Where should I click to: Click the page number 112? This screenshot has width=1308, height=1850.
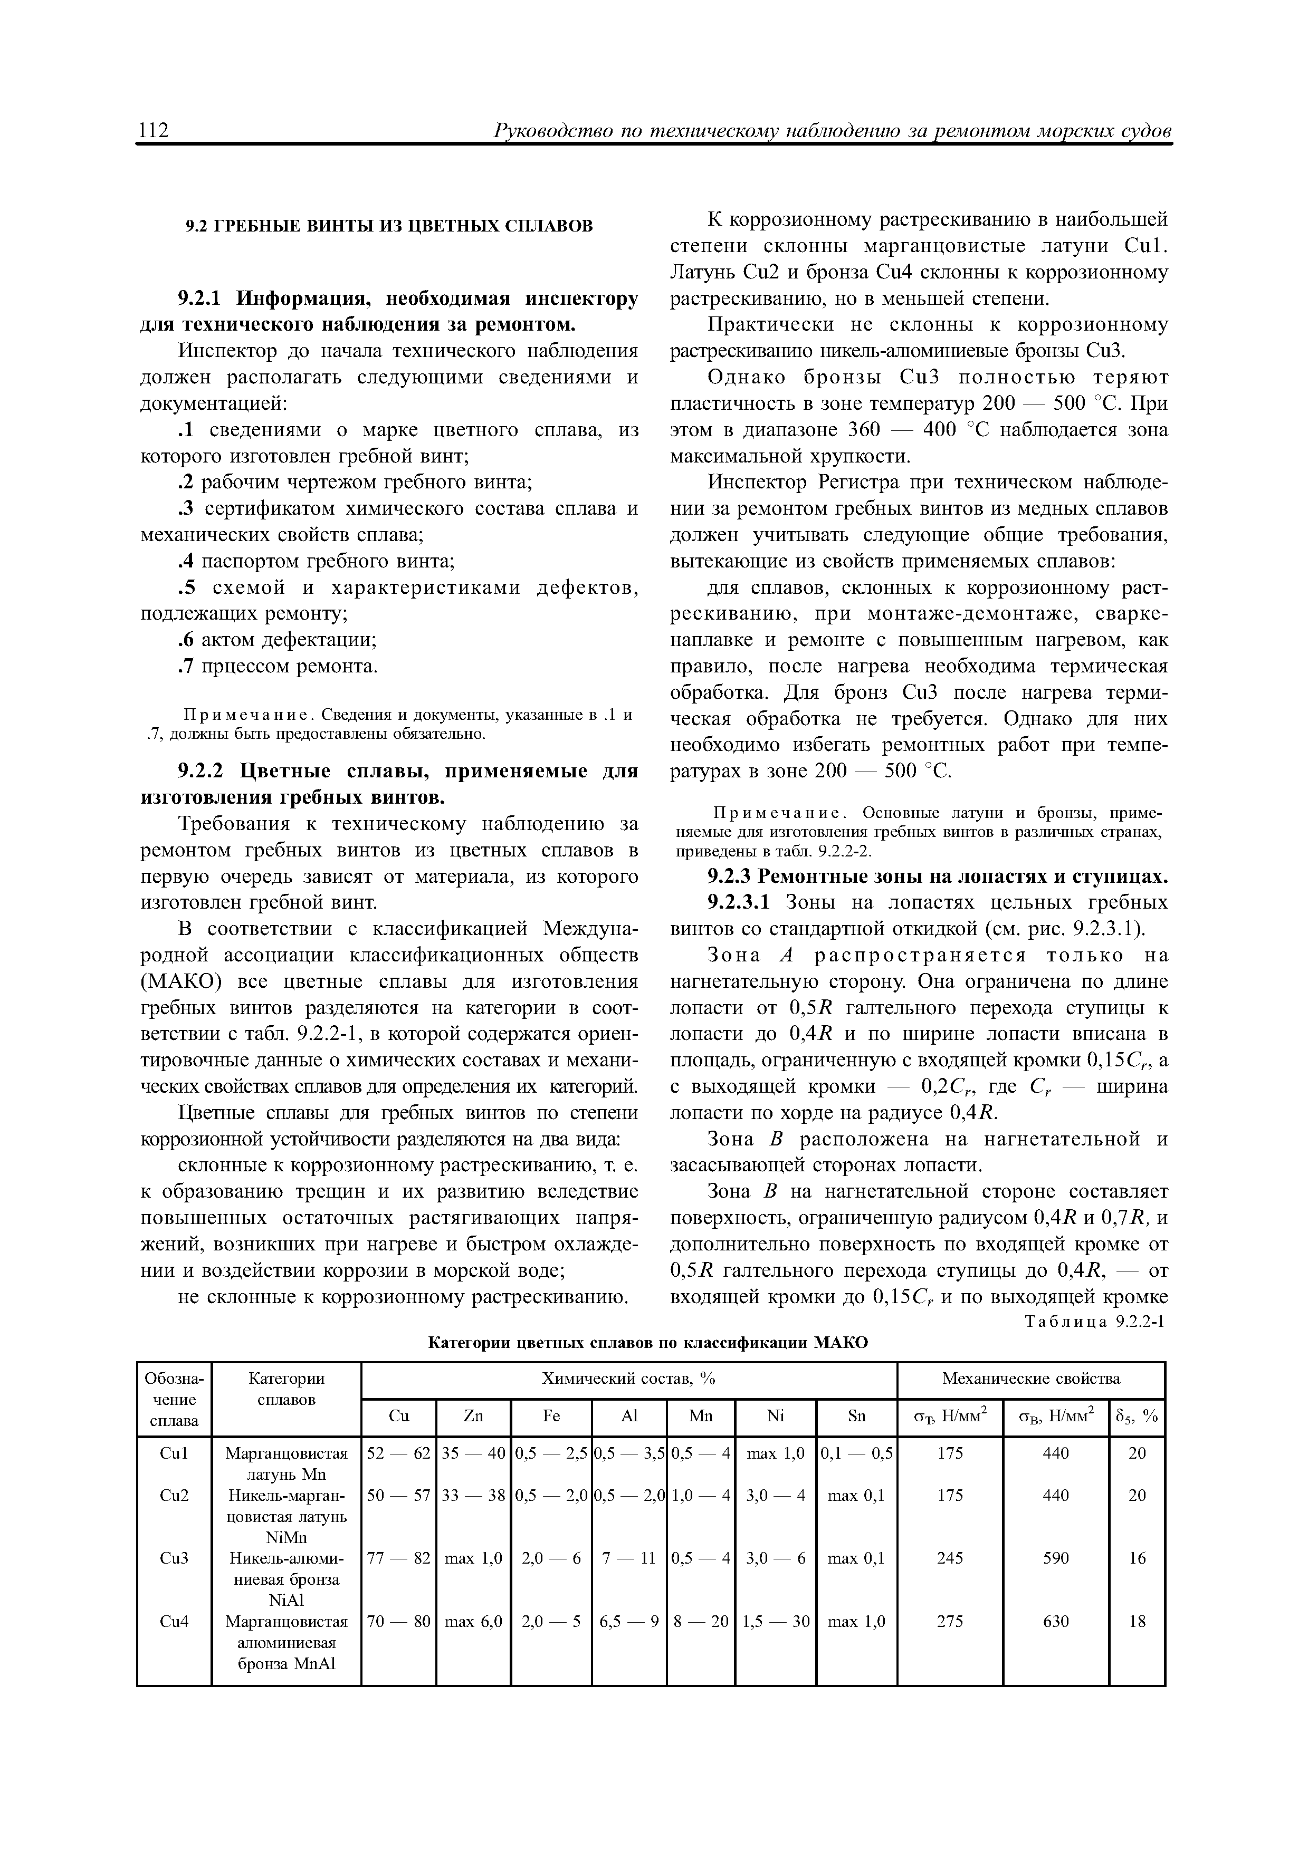(x=154, y=130)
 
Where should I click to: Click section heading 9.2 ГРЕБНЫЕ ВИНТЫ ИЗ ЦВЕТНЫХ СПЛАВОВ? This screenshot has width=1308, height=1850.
(x=389, y=226)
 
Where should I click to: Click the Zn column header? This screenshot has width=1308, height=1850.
(x=473, y=1417)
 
